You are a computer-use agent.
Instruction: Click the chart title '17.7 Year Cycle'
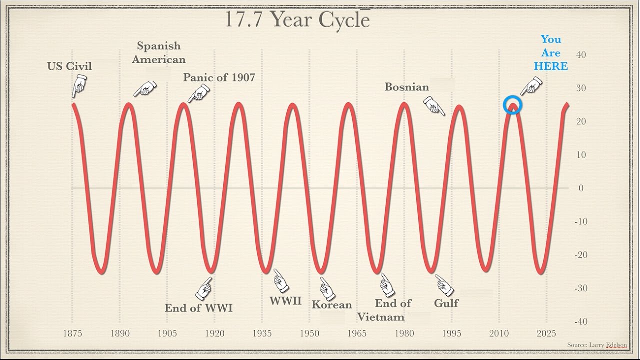click(x=297, y=19)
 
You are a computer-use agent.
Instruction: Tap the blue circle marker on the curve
click(x=512, y=105)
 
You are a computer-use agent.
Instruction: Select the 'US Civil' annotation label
click(x=70, y=66)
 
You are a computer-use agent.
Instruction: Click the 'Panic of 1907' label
click(x=219, y=77)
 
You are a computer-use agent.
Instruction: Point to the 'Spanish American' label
click(x=159, y=53)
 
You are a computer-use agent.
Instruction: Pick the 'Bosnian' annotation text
click(x=407, y=87)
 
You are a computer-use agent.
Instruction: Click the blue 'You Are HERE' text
click(x=551, y=53)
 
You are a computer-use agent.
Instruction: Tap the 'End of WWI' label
click(x=199, y=308)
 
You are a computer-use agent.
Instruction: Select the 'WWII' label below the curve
click(x=286, y=301)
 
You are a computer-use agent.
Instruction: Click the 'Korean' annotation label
click(x=332, y=305)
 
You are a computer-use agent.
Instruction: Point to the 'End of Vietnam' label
click(x=387, y=310)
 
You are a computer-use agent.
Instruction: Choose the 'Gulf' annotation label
click(x=446, y=303)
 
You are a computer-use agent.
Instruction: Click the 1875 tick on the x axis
click(x=73, y=333)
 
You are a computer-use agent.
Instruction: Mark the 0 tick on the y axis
click(x=581, y=188)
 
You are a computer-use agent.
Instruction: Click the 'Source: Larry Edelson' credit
click(x=597, y=345)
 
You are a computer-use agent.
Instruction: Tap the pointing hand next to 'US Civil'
click(x=78, y=87)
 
